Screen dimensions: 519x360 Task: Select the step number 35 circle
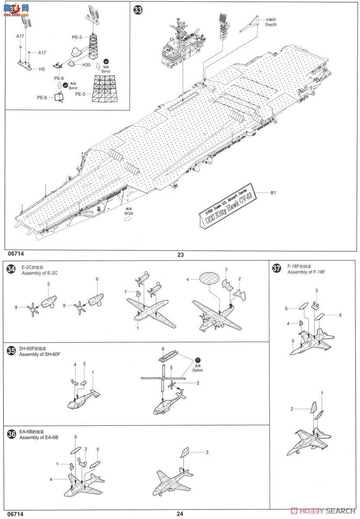[12, 351]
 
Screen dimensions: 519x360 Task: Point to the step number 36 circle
[12, 434]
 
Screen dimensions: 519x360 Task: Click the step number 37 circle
[276, 269]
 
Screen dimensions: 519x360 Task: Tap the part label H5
[42, 69]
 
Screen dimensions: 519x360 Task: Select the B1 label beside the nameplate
[273, 193]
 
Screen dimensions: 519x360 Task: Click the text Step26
[271, 25]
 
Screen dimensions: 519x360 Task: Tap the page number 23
[180, 255]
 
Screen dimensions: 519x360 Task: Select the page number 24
[180, 514]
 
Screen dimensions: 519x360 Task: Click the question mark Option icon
[198, 360]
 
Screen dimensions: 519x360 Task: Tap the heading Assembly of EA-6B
[39, 437]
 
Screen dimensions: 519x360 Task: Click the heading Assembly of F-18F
[303, 272]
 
